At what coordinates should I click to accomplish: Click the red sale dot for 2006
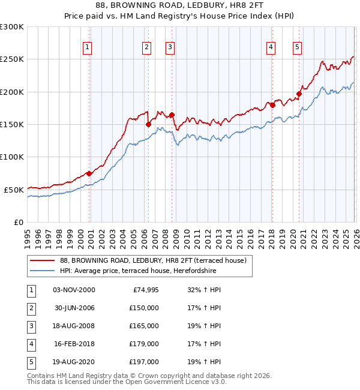148,125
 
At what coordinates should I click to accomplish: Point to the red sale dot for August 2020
298,94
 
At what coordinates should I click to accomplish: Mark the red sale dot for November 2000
89,173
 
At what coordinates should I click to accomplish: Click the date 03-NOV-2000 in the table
74,290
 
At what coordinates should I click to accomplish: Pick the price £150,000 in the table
143,308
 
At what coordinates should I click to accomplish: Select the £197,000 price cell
143,362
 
